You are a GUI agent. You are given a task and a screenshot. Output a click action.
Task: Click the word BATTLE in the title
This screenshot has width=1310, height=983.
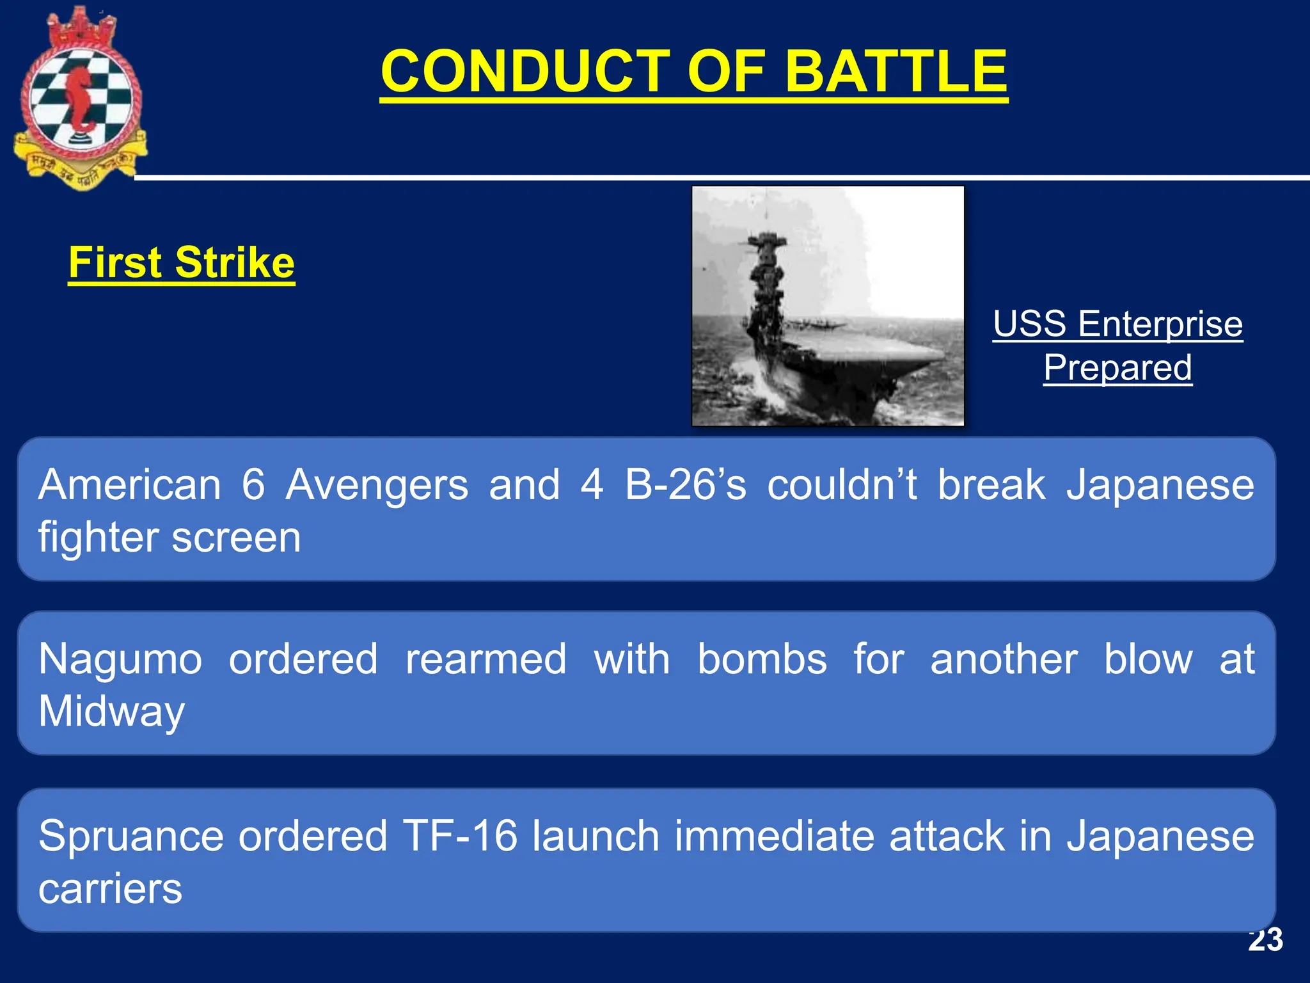896,72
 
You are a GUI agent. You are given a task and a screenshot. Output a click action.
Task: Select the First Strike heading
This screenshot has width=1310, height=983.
181,262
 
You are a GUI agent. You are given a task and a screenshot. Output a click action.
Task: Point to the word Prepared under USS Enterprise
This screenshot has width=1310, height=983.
1117,368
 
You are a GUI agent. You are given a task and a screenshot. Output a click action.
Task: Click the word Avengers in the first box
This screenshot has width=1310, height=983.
377,484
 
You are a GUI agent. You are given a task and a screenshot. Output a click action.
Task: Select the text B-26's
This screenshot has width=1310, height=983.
685,484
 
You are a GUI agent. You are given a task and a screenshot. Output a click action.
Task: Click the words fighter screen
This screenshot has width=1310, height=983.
170,537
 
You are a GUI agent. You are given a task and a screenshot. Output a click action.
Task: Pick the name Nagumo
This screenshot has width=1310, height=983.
120,659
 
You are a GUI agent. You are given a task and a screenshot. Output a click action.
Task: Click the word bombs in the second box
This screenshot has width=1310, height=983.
762,659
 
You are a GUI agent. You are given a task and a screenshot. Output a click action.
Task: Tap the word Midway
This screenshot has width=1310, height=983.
111,712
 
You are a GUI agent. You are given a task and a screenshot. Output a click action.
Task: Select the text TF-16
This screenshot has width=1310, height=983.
460,836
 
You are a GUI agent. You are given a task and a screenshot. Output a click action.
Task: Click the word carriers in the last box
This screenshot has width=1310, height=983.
110,888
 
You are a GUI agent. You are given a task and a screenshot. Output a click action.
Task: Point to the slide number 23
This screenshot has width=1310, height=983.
1265,940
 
